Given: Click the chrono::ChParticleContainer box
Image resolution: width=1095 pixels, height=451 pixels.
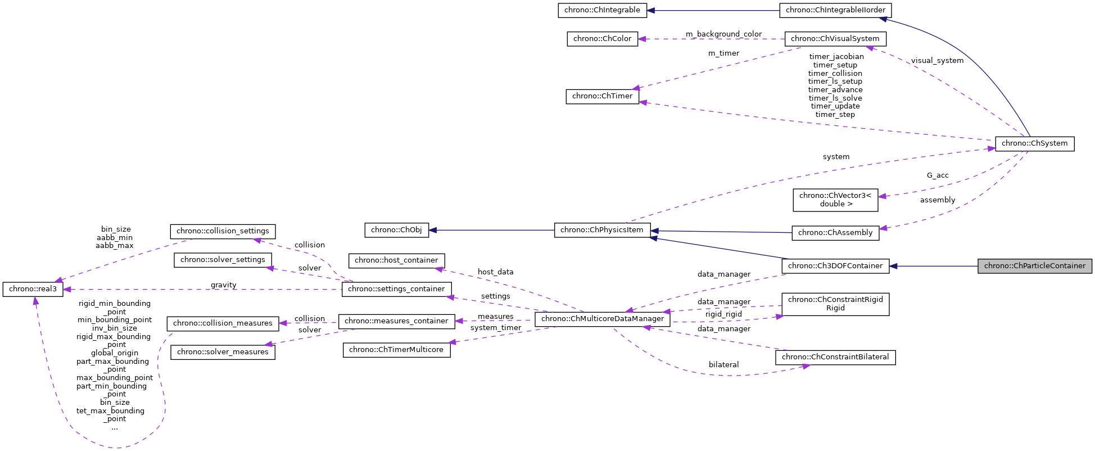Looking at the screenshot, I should tap(1034, 266).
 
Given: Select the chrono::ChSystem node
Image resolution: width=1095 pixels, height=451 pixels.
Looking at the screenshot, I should tap(1034, 143).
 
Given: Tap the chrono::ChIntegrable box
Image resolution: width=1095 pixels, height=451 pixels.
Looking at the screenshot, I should tap(602, 10).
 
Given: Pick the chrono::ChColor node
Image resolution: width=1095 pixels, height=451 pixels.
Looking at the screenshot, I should tap(602, 39).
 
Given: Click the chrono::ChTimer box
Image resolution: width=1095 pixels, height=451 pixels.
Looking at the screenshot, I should tap(602, 96).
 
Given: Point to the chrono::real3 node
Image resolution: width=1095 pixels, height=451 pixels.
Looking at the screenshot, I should tap(33, 289).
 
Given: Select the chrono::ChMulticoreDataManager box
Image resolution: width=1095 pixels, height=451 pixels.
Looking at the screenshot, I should tap(602, 319).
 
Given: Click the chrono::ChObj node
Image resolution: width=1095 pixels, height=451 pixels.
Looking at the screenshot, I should tap(396, 230).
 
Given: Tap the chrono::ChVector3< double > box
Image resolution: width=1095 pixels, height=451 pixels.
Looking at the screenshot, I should tap(835, 200).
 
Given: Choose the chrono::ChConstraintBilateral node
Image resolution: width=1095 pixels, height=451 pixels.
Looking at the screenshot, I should tap(835, 357).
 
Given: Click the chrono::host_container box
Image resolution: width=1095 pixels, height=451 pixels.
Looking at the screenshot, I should tap(396, 260).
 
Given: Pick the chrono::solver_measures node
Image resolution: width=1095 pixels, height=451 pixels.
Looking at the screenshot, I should tap(223, 352).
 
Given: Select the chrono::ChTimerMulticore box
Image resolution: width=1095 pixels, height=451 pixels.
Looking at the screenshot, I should tap(396, 350).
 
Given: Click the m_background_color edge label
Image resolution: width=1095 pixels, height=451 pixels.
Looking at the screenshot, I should tap(723, 34).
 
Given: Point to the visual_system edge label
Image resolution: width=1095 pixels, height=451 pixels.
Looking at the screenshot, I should tap(937, 61).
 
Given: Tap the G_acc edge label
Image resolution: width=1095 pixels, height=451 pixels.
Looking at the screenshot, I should tap(938, 175).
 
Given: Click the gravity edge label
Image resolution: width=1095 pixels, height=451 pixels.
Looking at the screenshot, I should tap(223, 285).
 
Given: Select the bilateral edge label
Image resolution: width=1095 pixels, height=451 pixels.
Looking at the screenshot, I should tap(723, 365).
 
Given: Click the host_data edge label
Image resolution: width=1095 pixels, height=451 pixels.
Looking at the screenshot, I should tap(495, 272).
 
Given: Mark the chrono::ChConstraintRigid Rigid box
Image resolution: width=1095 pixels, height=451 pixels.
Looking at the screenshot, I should tap(835, 304).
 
